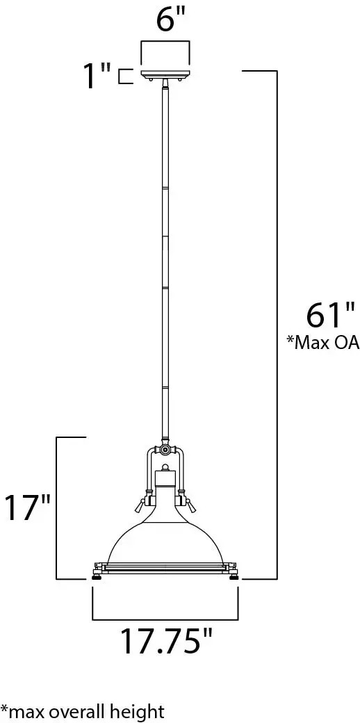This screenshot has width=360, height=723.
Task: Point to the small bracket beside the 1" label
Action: point(124,76)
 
